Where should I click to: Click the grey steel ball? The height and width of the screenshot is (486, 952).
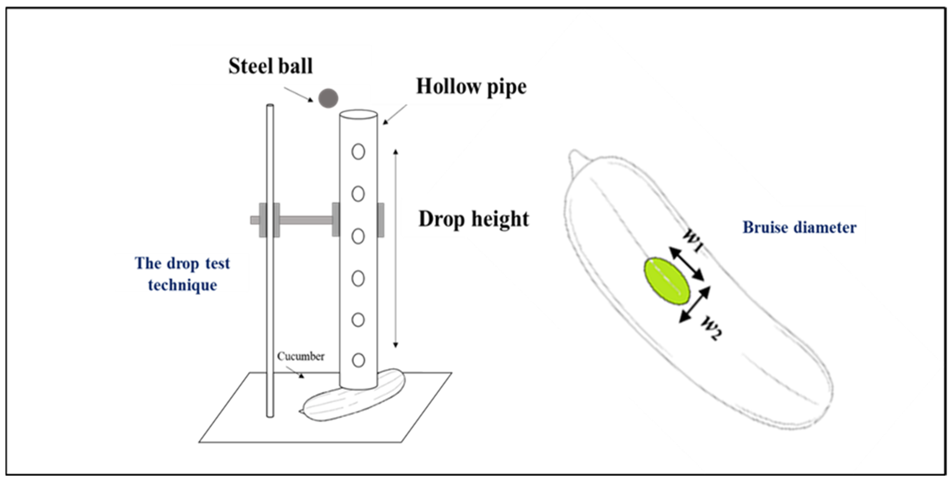328,98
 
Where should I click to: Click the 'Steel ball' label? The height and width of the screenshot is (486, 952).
270,66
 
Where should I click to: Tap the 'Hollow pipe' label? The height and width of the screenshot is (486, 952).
471,87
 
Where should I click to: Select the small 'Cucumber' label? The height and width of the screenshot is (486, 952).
301,356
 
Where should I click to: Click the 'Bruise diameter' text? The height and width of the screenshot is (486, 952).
799,227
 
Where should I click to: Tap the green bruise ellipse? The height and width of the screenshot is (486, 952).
667,281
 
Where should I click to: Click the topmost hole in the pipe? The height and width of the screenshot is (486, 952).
358,151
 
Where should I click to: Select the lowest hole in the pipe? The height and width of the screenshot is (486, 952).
358,360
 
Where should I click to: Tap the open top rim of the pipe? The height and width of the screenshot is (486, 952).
358,114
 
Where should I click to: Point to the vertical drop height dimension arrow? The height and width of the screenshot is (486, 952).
395,248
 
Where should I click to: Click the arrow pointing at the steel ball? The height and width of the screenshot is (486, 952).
298,94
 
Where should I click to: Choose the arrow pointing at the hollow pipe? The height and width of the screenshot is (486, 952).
395,114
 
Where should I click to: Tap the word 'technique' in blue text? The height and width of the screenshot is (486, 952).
183,285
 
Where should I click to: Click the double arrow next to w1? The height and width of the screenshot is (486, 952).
687,264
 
